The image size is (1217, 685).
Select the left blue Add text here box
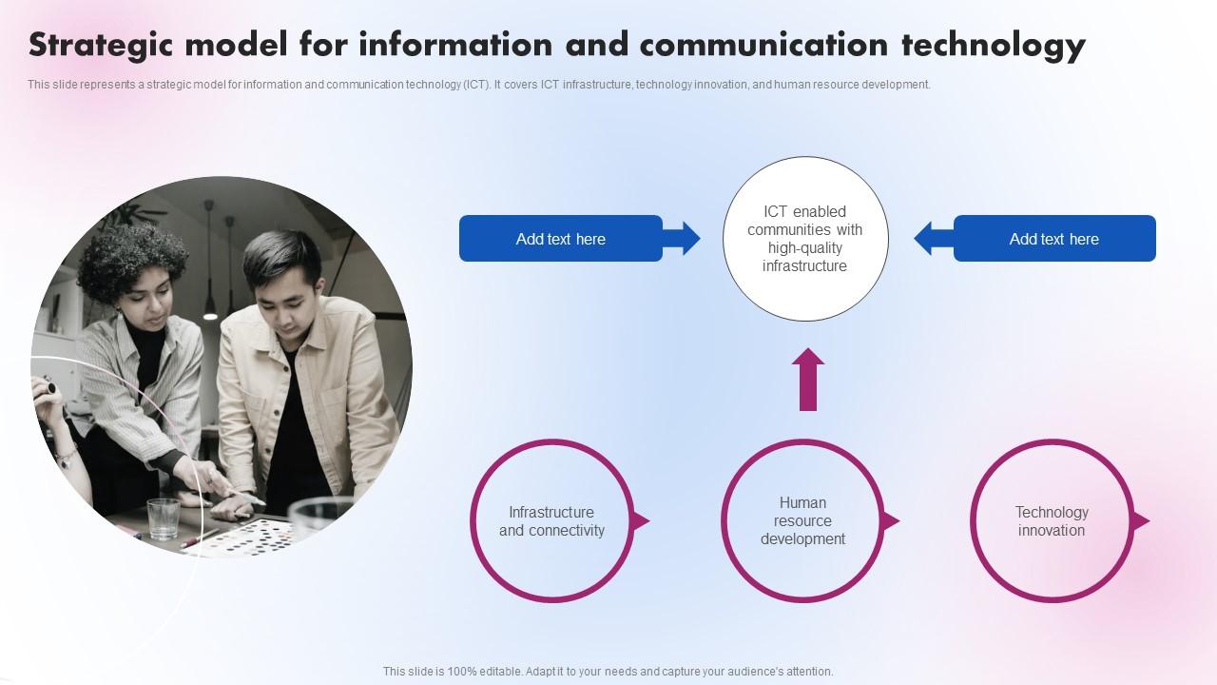click(560, 239)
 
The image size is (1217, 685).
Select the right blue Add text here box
click(1054, 239)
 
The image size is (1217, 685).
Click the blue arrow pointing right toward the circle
click(683, 239)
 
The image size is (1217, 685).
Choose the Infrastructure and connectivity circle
click(551, 521)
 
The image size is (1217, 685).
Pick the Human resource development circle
click(802, 521)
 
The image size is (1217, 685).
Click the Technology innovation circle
click(1052, 521)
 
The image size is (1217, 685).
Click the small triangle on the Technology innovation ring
click(1141, 521)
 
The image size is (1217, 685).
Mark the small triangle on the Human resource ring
click(891, 521)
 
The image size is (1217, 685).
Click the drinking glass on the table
click(163, 519)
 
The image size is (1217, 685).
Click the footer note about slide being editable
click(608, 671)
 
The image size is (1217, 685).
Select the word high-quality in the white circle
click(804, 248)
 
